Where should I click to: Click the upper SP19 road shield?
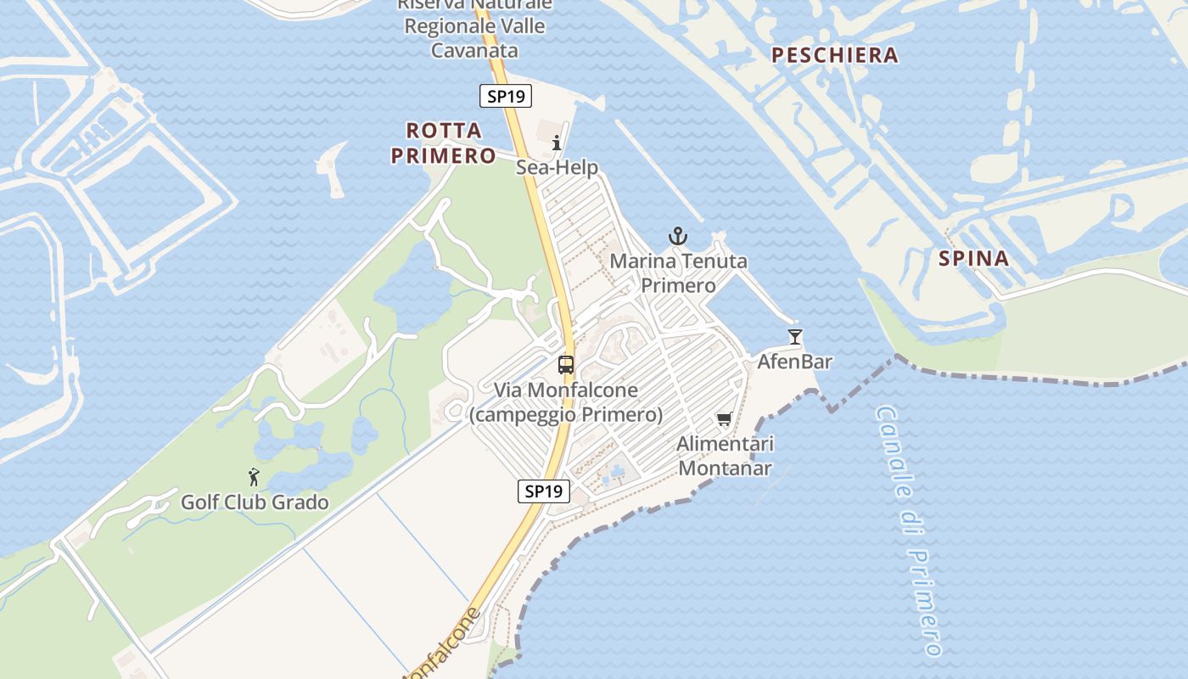click(506, 96)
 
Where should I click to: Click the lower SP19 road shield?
click(544, 491)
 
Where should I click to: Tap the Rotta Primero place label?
click(451, 143)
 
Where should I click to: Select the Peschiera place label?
click(834, 55)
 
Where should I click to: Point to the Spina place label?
click(974, 258)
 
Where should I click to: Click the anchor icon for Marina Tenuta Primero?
click(677, 236)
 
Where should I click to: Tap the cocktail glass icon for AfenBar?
click(794, 337)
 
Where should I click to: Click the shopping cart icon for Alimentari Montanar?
click(724, 418)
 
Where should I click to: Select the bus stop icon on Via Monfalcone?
click(565, 365)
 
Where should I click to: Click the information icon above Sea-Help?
click(557, 143)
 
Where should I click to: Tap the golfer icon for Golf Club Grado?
click(253, 477)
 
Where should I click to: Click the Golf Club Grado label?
click(255, 502)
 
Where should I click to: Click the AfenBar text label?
click(794, 362)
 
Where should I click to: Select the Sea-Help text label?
click(557, 167)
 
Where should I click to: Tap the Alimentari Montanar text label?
click(725, 456)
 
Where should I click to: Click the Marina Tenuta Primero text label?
click(678, 273)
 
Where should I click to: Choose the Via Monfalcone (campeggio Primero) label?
click(566, 402)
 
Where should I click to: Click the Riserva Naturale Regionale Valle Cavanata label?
click(474, 26)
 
